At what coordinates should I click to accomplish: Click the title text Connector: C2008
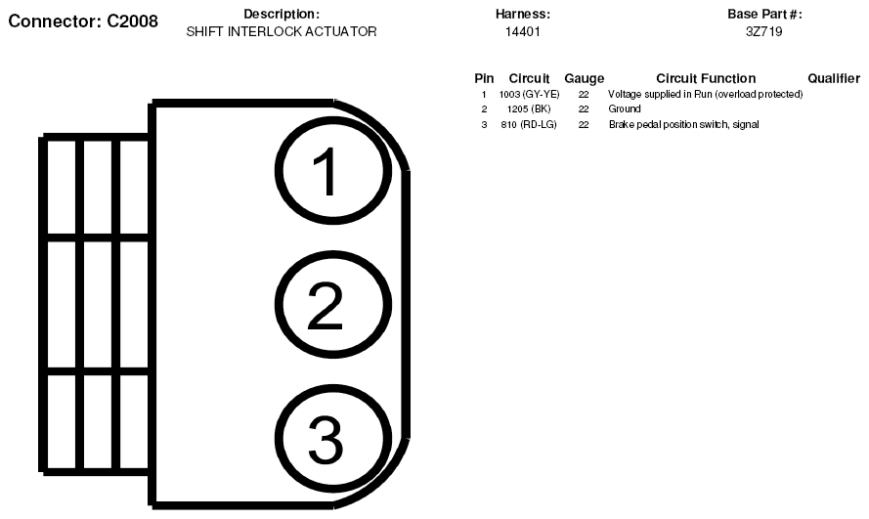(83, 22)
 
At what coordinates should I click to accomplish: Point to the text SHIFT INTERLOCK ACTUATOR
(282, 31)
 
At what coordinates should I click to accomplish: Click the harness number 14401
(523, 31)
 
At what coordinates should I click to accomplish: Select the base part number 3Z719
(764, 31)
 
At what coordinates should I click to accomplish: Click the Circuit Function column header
(706, 78)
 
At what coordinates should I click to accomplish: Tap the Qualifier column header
(834, 78)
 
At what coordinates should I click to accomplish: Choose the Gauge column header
(585, 78)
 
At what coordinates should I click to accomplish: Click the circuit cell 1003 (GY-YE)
(529, 95)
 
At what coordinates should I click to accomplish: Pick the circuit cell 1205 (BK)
(529, 109)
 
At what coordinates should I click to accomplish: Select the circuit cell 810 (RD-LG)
(529, 125)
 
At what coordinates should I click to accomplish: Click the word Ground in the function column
(625, 109)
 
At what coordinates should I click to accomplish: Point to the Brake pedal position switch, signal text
(684, 125)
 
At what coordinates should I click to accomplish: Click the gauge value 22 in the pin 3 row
(584, 125)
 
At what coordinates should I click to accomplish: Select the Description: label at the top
(282, 14)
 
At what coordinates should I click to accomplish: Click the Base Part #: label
(764, 14)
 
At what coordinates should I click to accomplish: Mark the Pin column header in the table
(484, 78)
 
